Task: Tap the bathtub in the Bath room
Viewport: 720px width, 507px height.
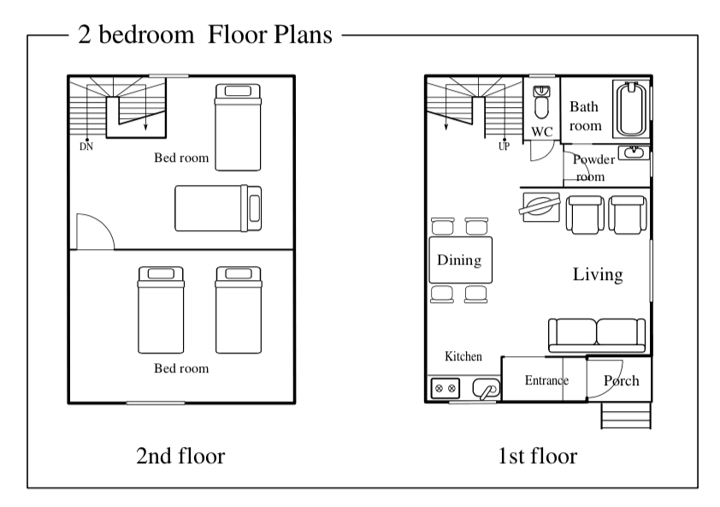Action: point(631,109)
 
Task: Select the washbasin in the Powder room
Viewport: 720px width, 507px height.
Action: point(634,152)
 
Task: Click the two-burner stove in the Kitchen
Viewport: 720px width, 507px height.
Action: point(445,388)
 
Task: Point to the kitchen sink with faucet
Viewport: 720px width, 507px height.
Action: point(486,390)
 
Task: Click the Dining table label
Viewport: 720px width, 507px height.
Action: point(459,260)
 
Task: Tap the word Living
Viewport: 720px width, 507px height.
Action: point(598,274)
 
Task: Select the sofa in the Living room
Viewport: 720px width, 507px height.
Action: point(597,335)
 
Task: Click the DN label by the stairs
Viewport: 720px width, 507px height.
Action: point(86,146)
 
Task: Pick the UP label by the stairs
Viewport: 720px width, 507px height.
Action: point(504,146)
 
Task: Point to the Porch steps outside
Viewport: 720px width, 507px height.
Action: point(626,415)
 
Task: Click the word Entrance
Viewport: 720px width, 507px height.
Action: point(546,380)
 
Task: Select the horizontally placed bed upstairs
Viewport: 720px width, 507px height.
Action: point(218,208)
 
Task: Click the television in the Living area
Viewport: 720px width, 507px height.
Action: point(540,206)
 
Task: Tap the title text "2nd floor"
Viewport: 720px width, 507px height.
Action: point(180,456)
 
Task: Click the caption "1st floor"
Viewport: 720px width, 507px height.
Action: point(538,456)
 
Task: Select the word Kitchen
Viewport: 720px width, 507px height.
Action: point(463,356)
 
